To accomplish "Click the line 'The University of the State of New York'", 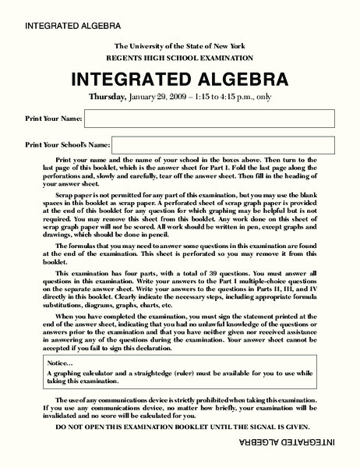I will point(181,48).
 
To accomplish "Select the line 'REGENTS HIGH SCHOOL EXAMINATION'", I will point(181,58).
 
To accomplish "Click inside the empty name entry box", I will point(209,119).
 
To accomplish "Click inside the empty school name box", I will point(224,144).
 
